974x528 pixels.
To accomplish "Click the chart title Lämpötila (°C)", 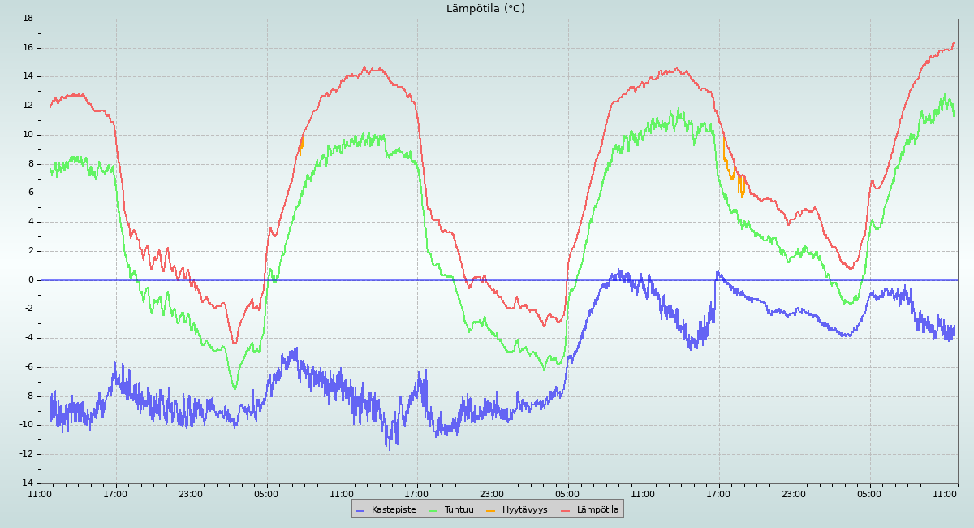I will [x=485, y=9].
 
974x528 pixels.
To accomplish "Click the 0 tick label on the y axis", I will [x=31, y=280].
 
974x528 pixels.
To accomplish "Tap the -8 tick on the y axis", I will [x=28, y=396].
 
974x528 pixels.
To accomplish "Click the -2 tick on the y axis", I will [x=28, y=309].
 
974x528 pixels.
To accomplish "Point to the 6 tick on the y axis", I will [x=31, y=193].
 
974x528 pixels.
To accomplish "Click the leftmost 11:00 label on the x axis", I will [x=41, y=493].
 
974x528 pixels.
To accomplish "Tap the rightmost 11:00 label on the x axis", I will [x=946, y=493].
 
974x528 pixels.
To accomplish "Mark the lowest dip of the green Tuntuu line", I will [x=235, y=389].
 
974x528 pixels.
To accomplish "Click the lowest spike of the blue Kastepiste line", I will [x=388, y=449].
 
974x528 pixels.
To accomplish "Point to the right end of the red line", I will [x=955, y=43].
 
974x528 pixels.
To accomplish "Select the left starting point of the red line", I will [x=50, y=106].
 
